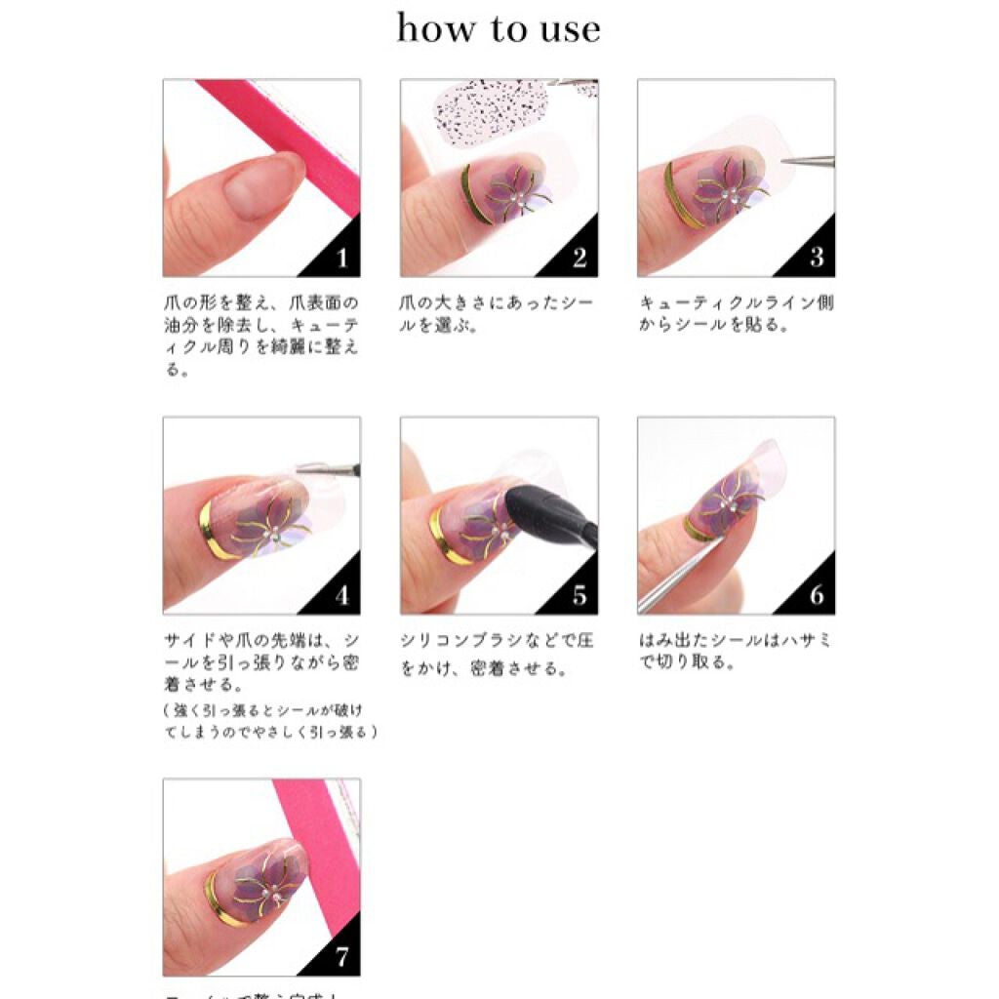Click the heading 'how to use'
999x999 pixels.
point(499,29)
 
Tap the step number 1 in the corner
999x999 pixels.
point(340,259)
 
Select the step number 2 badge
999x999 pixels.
point(579,259)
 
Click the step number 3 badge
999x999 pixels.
point(816,259)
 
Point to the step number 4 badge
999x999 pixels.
point(340,595)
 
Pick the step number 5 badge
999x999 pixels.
point(579,595)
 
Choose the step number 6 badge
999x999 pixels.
point(816,595)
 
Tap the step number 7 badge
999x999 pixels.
point(340,957)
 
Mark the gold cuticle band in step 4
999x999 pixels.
point(208,532)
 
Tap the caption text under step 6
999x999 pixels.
point(736,651)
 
